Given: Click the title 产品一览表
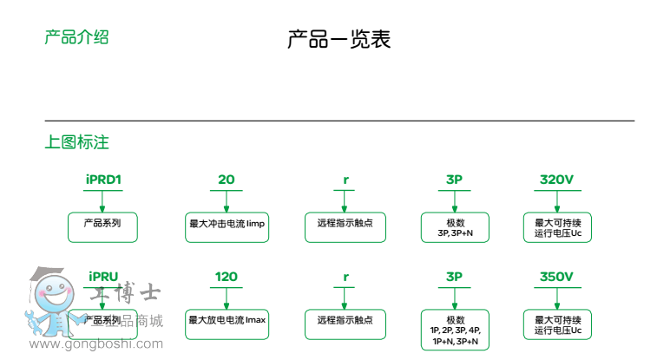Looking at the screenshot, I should point(338,40).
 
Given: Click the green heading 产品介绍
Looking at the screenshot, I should point(76,37).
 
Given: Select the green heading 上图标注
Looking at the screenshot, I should point(76,142).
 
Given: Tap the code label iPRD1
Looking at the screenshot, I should point(102,180).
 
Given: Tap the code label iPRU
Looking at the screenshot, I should point(102,277).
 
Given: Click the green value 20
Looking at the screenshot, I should point(226,180).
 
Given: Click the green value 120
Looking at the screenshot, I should point(226,277).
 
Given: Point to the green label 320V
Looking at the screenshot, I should point(556,180).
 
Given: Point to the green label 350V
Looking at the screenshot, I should point(556,277).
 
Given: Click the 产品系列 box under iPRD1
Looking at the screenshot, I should point(102,226).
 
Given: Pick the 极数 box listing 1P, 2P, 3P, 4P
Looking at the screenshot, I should point(455,330).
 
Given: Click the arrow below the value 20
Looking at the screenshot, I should point(227,200).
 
